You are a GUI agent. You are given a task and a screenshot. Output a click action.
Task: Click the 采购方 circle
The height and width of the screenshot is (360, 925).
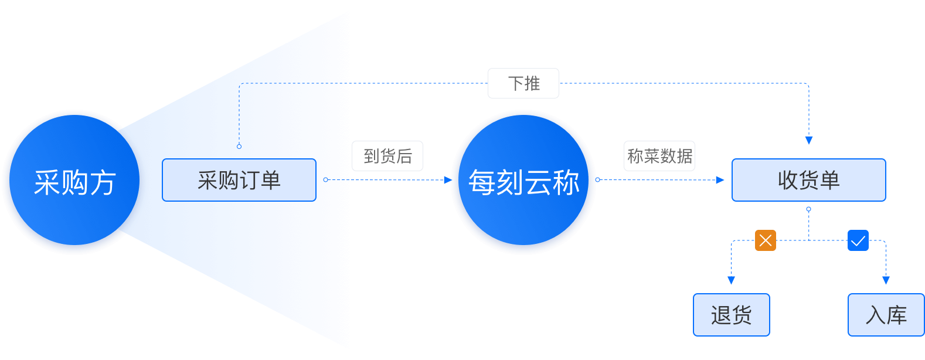click(74, 182)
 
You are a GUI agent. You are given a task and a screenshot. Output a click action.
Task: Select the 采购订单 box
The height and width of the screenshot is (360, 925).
click(239, 180)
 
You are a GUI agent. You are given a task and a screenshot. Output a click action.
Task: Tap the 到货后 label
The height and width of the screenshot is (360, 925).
click(387, 156)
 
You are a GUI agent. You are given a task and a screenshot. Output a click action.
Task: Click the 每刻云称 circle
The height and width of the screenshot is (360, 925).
click(523, 182)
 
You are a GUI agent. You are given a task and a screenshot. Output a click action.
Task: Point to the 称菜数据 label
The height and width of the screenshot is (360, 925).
click(659, 156)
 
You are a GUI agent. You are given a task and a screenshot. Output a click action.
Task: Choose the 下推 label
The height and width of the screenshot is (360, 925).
click(523, 83)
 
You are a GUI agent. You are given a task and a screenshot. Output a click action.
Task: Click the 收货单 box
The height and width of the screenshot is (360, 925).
click(808, 180)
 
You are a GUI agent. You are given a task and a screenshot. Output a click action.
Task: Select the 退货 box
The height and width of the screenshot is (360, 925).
click(731, 315)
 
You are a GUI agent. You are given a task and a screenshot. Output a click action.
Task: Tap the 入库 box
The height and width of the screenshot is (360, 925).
click(886, 315)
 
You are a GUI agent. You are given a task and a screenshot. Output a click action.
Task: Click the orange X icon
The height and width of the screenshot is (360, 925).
click(766, 240)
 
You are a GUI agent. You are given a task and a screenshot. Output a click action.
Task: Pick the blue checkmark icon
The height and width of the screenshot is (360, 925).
click(858, 240)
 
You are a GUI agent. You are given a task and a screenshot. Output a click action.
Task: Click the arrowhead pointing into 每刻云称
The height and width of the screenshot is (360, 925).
click(448, 180)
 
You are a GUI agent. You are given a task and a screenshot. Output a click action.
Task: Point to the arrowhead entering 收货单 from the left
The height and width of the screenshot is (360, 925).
click(720, 180)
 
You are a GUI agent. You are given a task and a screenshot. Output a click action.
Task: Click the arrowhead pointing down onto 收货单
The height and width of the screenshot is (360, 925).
click(809, 140)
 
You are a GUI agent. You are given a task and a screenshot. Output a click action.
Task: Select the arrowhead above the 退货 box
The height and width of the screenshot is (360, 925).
click(731, 281)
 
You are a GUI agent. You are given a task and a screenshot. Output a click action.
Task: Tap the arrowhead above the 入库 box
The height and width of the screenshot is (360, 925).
click(886, 281)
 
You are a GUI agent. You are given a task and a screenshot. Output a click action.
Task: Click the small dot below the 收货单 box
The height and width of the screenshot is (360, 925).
click(809, 209)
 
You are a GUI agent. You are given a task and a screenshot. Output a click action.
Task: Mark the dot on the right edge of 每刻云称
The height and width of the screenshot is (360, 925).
click(597, 180)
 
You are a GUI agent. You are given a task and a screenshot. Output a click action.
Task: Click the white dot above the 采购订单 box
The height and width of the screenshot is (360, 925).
click(239, 147)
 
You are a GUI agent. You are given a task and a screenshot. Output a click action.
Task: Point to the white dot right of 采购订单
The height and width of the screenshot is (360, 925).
click(326, 180)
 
